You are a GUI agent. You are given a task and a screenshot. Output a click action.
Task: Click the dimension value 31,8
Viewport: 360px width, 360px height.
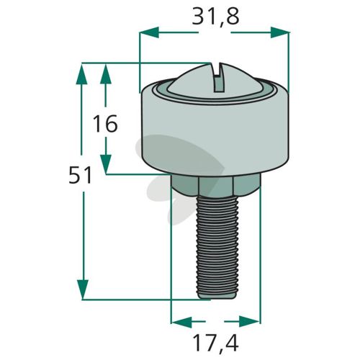pos(215,17)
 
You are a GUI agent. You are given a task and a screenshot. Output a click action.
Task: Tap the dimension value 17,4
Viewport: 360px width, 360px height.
pos(215,343)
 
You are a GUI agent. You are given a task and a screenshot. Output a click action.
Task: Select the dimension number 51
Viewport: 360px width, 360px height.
pos(80,176)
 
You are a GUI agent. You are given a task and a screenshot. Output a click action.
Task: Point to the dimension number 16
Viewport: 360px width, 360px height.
pos(105,124)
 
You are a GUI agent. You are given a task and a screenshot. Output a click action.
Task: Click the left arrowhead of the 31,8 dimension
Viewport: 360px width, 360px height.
pos(149,32)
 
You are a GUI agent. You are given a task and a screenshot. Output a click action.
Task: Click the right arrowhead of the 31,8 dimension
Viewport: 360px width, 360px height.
pos(279,32)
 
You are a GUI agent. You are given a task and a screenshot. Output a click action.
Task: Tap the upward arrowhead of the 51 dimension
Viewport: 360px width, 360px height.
pos(82,73)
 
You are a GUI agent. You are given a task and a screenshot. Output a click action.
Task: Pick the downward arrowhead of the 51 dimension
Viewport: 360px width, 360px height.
pos(82,289)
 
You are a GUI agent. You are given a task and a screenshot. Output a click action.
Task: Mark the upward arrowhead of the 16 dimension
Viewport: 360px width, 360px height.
pos(106,73)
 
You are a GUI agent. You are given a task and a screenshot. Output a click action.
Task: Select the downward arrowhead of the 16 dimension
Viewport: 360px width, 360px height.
pos(106,164)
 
